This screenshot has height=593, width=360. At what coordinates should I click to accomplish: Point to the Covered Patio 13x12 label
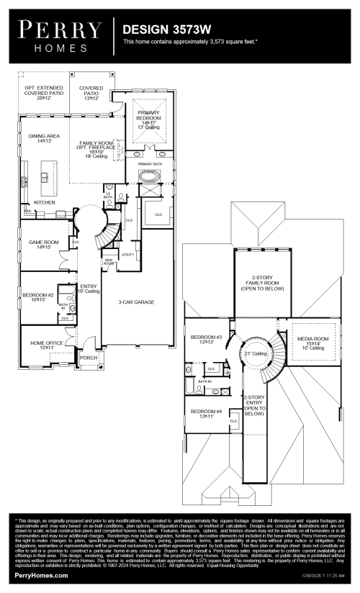click(91, 93)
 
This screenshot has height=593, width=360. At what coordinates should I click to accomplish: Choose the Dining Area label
click(44, 138)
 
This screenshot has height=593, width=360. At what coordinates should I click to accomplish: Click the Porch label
click(89, 357)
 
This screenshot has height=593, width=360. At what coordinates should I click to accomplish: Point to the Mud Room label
click(109, 263)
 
